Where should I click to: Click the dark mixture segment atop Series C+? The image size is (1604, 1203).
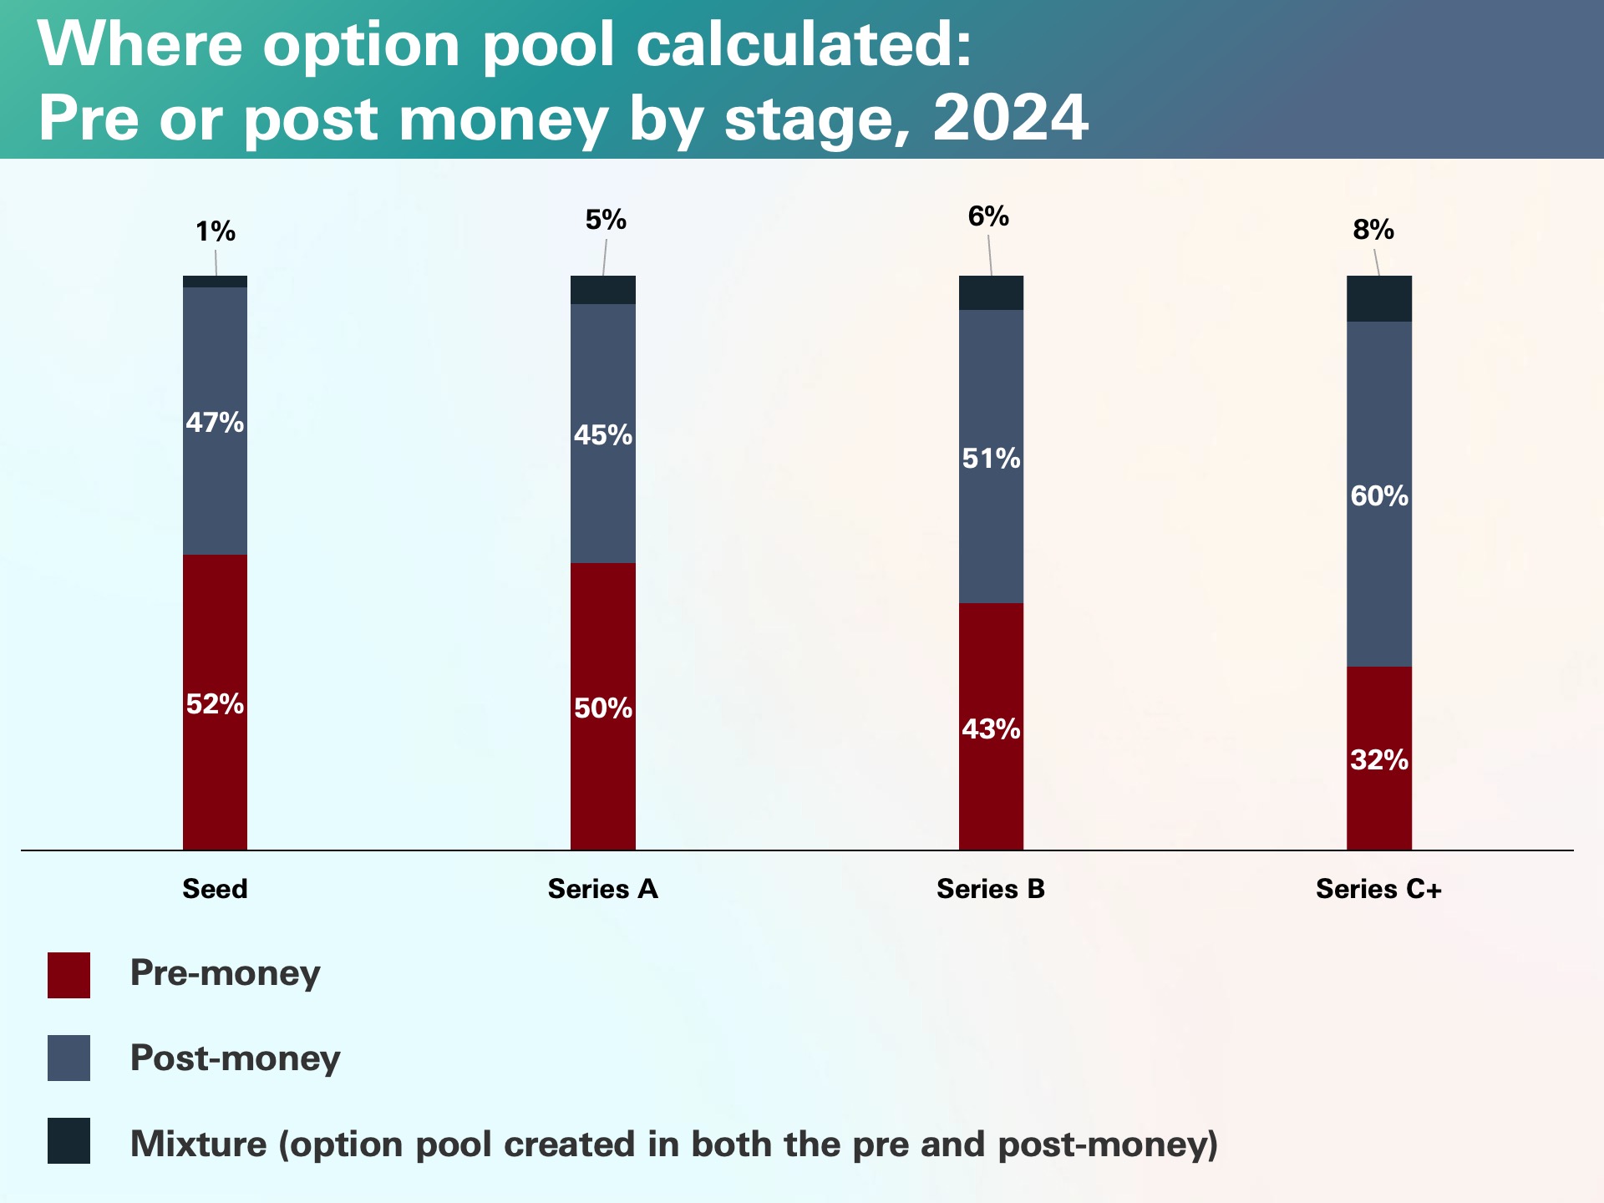point(1378,298)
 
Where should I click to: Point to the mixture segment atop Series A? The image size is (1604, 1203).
point(602,290)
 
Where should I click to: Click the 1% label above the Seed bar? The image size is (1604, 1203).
point(216,231)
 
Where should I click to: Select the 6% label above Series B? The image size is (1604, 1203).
point(988,217)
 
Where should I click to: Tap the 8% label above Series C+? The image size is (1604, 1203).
point(1373,230)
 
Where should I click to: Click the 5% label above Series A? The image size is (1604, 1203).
point(606,220)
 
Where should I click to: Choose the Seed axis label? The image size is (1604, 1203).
point(215,888)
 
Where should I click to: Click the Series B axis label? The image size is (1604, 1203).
point(990,888)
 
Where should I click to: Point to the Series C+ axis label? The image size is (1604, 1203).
point(1378,888)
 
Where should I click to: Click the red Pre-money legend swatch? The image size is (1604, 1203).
point(69,975)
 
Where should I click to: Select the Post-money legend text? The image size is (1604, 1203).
point(235,1058)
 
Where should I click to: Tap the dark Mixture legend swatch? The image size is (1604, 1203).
point(69,1141)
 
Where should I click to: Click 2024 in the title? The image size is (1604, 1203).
point(1010,118)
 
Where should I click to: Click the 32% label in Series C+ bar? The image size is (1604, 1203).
point(1378,759)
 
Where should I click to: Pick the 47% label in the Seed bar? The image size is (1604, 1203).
point(215,422)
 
